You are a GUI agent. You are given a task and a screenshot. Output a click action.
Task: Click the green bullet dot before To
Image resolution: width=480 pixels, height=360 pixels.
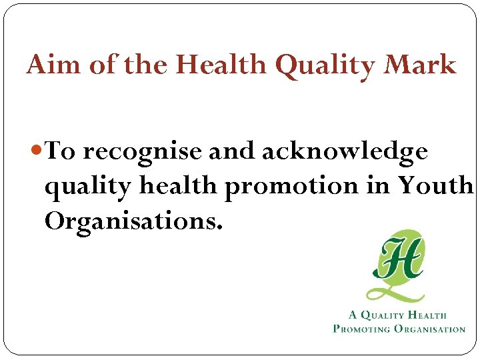point(37,152)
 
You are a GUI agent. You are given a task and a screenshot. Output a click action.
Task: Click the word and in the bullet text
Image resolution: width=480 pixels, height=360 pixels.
point(231,152)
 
